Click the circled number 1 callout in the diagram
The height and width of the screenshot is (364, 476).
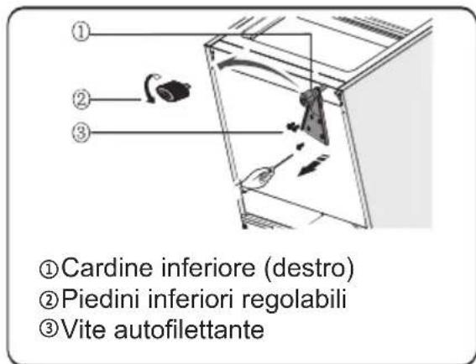click(x=78, y=33)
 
